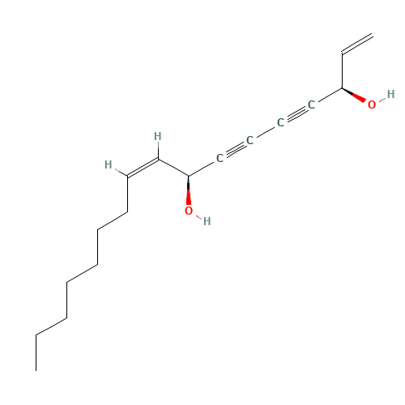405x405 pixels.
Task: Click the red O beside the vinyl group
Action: [372, 104]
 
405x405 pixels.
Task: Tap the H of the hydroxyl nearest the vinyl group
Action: [390, 94]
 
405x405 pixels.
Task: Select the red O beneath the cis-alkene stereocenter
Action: [189, 211]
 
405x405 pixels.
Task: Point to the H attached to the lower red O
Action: [207, 221]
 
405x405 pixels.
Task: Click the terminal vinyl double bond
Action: [357, 44]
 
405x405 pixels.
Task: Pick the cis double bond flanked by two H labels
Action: [143, 168]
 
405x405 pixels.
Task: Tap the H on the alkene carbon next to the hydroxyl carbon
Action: [158, 136]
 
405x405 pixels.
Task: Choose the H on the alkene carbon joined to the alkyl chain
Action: [109, 164]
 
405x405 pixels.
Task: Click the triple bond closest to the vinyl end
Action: [296, 113]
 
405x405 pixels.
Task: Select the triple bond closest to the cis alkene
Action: [235, 149]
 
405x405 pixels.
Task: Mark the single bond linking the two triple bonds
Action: [266, 131]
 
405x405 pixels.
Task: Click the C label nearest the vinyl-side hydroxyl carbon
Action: [311, 104]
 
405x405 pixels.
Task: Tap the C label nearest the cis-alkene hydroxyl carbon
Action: [220, 158]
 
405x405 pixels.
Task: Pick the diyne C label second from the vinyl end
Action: [280, 122]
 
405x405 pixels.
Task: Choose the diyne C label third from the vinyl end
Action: [249, 140]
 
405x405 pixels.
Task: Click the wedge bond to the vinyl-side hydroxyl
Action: [354, 95]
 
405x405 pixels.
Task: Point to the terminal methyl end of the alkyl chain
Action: [36, 371]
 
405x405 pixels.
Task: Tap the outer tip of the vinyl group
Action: [373, 36]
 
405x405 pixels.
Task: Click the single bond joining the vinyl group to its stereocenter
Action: [342, 70]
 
